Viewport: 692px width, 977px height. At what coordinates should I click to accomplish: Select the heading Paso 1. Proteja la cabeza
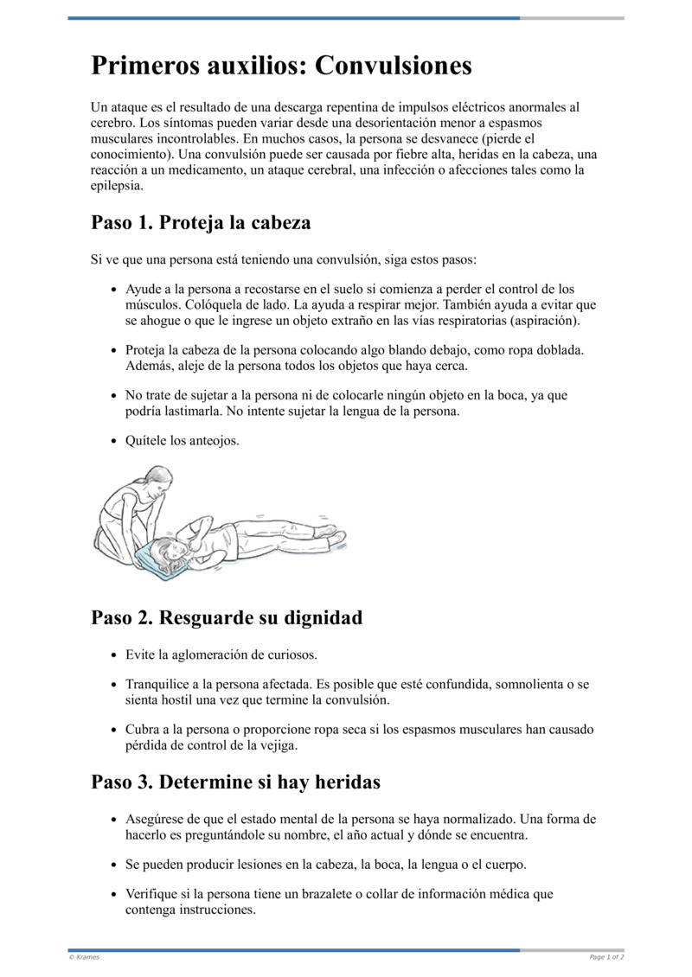[x=201, y=222]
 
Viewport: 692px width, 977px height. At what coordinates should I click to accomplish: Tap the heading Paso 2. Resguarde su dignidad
[x=227, y=617]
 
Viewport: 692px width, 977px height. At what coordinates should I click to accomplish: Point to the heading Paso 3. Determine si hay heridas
[x=235, y=782]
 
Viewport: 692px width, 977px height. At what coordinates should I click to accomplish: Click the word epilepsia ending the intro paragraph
[x=116, y=185]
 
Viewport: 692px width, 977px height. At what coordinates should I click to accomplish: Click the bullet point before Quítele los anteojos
[x=115, y=441]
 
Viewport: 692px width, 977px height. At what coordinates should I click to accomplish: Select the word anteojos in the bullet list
[x=212, y=441]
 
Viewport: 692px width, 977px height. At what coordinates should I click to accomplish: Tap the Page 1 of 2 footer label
[x=606, y=957]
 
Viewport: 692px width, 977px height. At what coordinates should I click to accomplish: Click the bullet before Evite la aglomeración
[x=115, y=655]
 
